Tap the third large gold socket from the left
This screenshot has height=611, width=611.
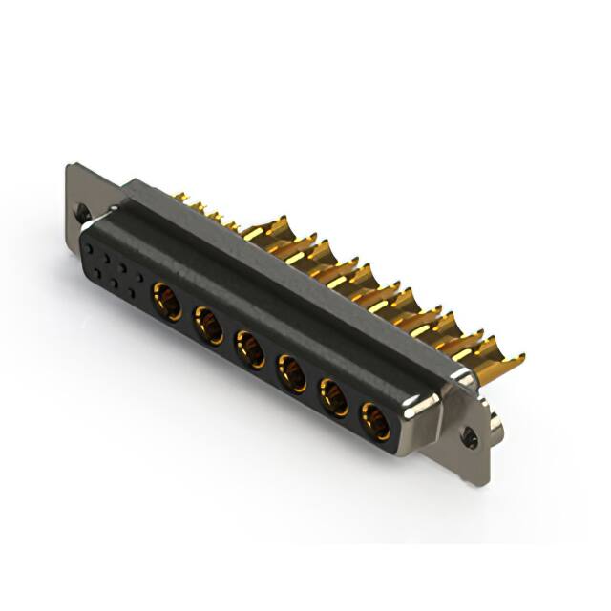pyautogui.click(x=250, y=349)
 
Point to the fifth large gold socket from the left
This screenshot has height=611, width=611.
pyautogui.click(x=333, y=396)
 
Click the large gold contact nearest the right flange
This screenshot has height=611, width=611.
pyautogui.click(x=374, y=420)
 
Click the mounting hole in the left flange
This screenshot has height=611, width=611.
pyautogui.click(x=85, y=215)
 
